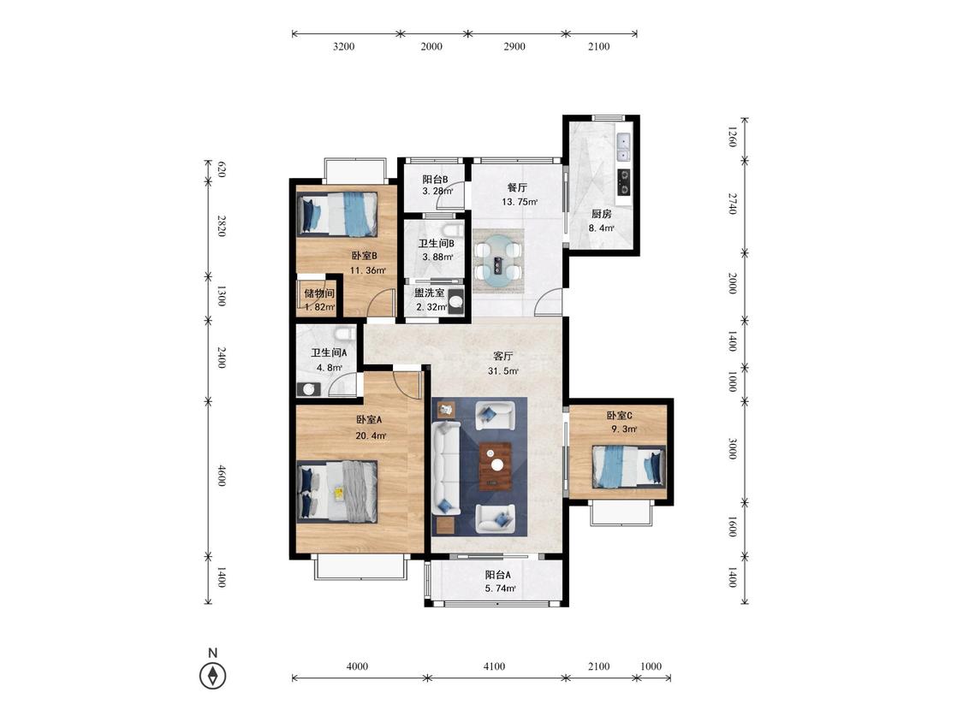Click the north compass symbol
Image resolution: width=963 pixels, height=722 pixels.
tap(213, 676)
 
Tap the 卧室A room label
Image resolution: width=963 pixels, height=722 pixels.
tap(369, 420)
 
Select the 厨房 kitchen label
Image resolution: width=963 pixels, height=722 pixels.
tap(601, 214)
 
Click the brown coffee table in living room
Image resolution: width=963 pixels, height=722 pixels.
tap(496, 466)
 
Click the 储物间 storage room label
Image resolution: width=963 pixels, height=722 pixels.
tap(319, 293)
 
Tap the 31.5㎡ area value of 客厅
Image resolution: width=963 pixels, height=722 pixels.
tap(503, 370)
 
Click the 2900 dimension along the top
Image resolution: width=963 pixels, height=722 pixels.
tap(514, 46)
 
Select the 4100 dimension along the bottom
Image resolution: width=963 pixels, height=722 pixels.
tap(495, 666)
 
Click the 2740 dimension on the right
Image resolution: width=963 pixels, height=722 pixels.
tap(732, 204)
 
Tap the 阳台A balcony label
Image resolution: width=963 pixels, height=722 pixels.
tap(498, 575)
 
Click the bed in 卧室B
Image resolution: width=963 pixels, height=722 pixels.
tap(337, 214)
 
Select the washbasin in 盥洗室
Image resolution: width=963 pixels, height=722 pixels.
tap(455, 302)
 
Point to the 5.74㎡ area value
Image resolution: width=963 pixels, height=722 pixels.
tap(501, 589)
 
